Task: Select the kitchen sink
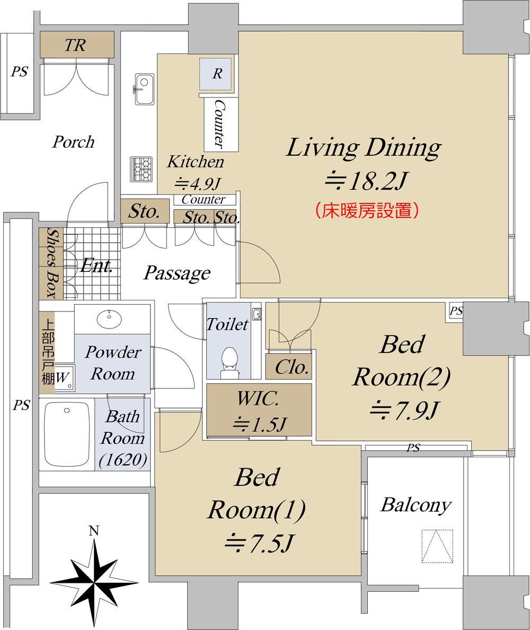pyautogui.click(x=144, y=89)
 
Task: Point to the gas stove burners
pyautogui.click(x=142, y=169)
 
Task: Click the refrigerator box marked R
pyautogui.click(x=216, y=74)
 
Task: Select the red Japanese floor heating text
pyautogui.click(x=367, y=210)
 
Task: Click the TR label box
pyautogui.click(x=77, y=45)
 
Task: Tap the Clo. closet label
pyautogui.click(x=291, y=367)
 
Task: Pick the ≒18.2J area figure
pyautogui.click(x=365, y=181)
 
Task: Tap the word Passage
pyautogui.click(x=177, y=273)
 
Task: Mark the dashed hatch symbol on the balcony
pyautogui.click(x=437, y=546)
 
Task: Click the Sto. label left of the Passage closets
pyautogui.click(x=144, y=211)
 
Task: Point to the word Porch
pyautogui.click(x=73, y=142)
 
